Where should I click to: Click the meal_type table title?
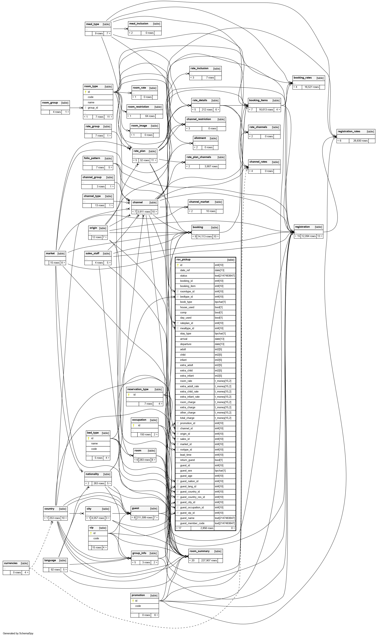(93, 24)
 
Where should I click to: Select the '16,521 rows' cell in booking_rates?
(312, 87)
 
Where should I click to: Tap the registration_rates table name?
(349, 131)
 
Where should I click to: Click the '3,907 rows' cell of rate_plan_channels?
(211, 167)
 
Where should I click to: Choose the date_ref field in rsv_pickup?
(185, 270)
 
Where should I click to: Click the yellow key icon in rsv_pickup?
(178, 265)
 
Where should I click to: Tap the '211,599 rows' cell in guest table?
(144, 518)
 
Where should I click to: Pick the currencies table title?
(11, 563)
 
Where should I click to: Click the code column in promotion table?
(138, 606)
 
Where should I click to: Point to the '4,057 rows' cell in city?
(98, 518)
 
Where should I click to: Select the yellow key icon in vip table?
(91, 533)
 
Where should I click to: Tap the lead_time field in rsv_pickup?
(186, 455)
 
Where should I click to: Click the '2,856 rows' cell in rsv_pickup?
(207, 528)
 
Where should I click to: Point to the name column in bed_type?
(94, 443)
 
